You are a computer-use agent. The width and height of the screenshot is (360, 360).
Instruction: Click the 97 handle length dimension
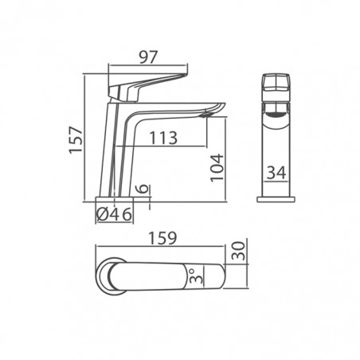coord(149,57)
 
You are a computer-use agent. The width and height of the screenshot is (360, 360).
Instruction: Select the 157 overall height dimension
coord(76,140)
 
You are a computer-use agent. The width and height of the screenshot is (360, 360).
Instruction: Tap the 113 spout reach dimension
coord(163,138)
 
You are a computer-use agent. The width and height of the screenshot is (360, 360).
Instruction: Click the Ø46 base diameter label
coord(114,214)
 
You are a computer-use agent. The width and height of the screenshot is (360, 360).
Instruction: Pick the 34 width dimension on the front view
coord(276,173)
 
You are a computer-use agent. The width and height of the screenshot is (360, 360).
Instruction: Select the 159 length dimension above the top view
coord(162,238)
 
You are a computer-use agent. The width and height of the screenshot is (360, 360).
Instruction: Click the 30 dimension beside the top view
coord(238,251)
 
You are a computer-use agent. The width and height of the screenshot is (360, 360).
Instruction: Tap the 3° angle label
coord(196,276)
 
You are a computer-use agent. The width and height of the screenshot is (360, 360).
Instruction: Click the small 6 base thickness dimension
coord(143,189)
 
